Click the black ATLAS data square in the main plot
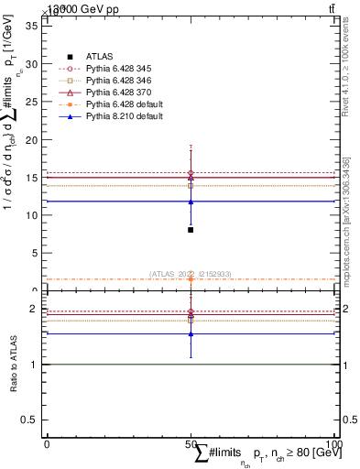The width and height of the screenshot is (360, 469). pyautogui.click(x=191, y=230)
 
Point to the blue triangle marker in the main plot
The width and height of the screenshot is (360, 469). pyautogui.click(x=191, y=202)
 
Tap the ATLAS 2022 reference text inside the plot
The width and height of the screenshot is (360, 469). pyautogui.click(x=191, y=274)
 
